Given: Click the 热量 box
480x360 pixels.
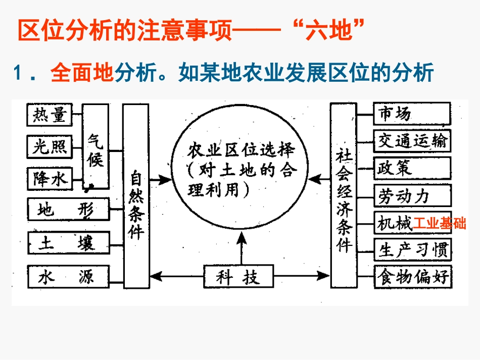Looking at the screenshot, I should click(x=49, y=116).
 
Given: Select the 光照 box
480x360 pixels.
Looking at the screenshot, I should click(x=49, y=146).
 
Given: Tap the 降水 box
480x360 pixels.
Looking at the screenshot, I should click(x=49, y=177).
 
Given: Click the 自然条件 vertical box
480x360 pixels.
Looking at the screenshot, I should click(x=135, y=196).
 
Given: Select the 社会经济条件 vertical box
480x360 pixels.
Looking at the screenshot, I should click(x=344, y=196).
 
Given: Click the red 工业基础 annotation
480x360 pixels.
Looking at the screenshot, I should click(x=439, y=223).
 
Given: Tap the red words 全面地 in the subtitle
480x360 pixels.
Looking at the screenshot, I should click(x=82, y=73).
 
